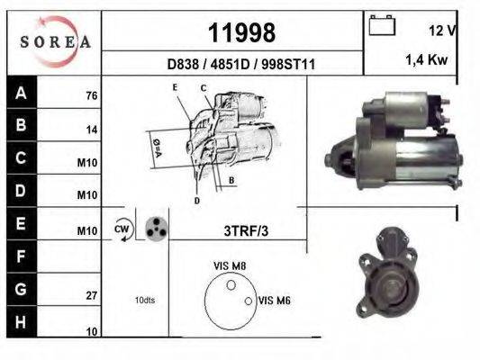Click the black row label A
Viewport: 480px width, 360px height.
click(20, 94)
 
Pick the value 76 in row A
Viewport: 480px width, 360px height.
click(91, 96)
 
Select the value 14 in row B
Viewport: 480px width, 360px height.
click(91, 130)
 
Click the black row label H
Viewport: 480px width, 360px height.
click(20, 321)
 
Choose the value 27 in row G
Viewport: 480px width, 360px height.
click(91, 294)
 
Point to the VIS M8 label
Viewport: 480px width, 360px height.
click(230, 265)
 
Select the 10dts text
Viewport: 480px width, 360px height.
click(145, 300)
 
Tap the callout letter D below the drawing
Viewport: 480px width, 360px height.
click(196, 200)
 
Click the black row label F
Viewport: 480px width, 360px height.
click(20, 256)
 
